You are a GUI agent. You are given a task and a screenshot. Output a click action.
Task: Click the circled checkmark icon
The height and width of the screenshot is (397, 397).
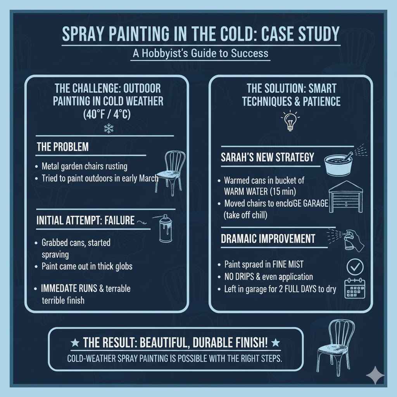point(354,267)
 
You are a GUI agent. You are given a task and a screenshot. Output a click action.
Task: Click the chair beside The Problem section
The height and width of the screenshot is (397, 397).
point(170,172)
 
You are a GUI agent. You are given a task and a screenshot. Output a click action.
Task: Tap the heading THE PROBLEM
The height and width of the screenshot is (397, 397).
point(62,147)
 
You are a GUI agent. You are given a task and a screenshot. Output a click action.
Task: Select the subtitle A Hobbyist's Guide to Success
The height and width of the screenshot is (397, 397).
point(200,53)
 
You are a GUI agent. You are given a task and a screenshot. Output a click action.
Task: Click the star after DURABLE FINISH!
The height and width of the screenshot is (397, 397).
point(276,343)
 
